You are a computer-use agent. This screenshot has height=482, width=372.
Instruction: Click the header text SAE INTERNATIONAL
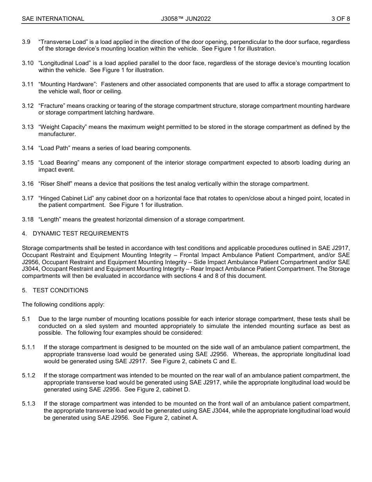(x=53, y=19)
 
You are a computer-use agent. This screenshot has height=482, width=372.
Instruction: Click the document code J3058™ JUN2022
(x=186, y=19)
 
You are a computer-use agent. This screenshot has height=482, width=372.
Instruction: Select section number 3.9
(x=26, y=42)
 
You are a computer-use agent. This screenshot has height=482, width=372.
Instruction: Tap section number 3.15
(x=27, y=163)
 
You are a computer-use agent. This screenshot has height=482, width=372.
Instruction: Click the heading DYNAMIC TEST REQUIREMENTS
(x=81, y=234)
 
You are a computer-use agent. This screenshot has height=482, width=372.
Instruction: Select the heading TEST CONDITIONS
(x=60, y=290)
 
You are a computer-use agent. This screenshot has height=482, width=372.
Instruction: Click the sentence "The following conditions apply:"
(x=63, y=304)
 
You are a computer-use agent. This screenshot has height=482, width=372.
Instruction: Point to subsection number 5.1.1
(x=29, y=347)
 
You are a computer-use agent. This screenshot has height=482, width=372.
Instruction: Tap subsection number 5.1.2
(x=29, y=375)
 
